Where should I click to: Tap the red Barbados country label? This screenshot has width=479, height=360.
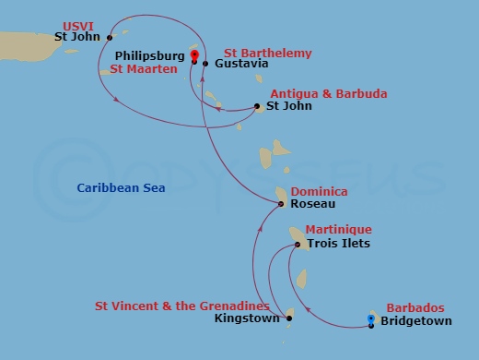click(415, 307)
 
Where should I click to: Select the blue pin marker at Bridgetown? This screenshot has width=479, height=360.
click(370, 319)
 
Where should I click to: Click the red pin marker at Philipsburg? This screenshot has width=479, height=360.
click(194, 55)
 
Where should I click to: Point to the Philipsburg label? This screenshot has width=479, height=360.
click(150, 56)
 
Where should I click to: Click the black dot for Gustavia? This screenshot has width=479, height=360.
click(204, 64)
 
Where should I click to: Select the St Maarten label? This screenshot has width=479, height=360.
click(144, 69)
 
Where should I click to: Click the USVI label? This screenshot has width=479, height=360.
click(78, 25)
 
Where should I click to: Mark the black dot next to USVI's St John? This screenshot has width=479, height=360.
click(110, 38)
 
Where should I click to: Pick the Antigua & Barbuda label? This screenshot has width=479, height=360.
click(328, 94)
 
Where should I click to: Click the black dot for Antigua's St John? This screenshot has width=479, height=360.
click(255, 107)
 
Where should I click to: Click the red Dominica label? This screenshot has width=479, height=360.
click(318, 191)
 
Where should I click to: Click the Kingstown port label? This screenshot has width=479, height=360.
click(246, 318)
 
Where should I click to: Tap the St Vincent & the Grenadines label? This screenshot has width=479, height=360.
click(182, 306)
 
